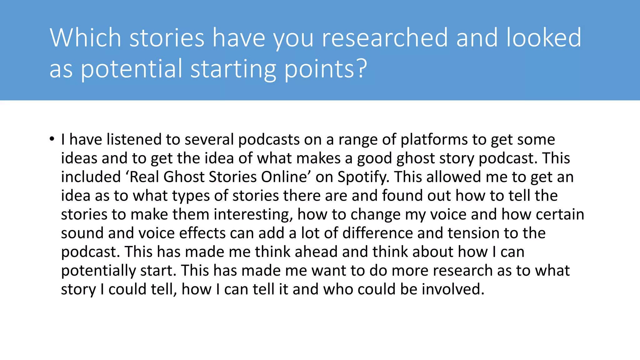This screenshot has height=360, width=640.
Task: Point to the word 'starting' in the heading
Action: pyautogui.click(x=233, y=69)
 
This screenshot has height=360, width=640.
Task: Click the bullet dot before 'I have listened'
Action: pyautogui.click(x=52, y=139)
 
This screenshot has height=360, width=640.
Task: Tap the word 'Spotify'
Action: pyautogui.click(x=363, y=177)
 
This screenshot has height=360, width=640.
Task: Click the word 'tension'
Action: pyautogui.click(x=473, y=233)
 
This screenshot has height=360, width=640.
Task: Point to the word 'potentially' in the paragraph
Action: pyautogui.click(x=98, y=271)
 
